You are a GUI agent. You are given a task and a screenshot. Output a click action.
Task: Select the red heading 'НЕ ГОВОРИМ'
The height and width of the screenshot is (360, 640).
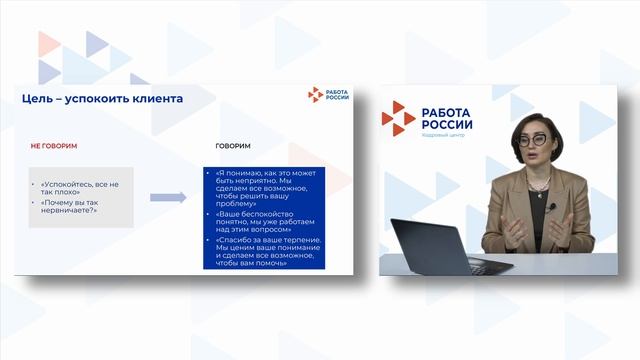click(x=54, y=146)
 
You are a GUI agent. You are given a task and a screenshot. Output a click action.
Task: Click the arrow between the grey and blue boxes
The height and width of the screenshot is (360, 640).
click(x=168, y=197)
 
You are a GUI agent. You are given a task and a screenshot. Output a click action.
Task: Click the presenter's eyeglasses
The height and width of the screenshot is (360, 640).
click(x=530, y=140)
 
